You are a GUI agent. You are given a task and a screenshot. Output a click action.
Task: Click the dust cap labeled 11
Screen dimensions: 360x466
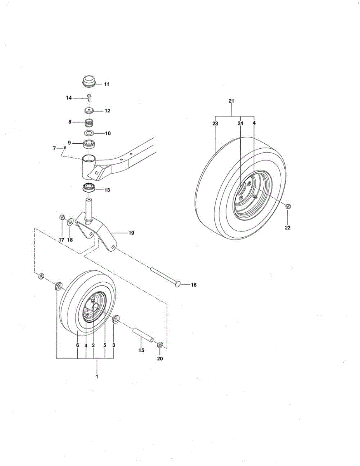point(89,83)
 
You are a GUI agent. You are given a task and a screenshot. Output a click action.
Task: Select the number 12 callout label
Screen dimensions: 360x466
point(107,111)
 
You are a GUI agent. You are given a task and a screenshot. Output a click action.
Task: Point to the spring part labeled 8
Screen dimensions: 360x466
point(90,123)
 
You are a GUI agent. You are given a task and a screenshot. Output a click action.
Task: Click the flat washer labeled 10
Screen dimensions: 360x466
point(90,134)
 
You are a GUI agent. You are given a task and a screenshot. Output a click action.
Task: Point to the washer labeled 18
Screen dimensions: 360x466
point(70,222)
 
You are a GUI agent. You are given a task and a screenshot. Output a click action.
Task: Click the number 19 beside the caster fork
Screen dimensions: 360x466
point(131,233)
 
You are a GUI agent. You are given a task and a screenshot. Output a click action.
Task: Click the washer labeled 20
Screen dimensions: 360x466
point(160,345)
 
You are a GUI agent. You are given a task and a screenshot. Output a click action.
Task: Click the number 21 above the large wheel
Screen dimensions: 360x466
point(231,101)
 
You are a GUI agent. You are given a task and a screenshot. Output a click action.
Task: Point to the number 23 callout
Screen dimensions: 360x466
point(215,123)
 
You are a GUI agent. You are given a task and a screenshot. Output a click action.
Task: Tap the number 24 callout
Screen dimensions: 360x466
point(240,123)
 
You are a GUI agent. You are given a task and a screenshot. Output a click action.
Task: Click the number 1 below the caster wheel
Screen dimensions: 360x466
point(97,376)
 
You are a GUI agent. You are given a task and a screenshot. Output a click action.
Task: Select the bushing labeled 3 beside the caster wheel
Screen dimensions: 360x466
point(116,321)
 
